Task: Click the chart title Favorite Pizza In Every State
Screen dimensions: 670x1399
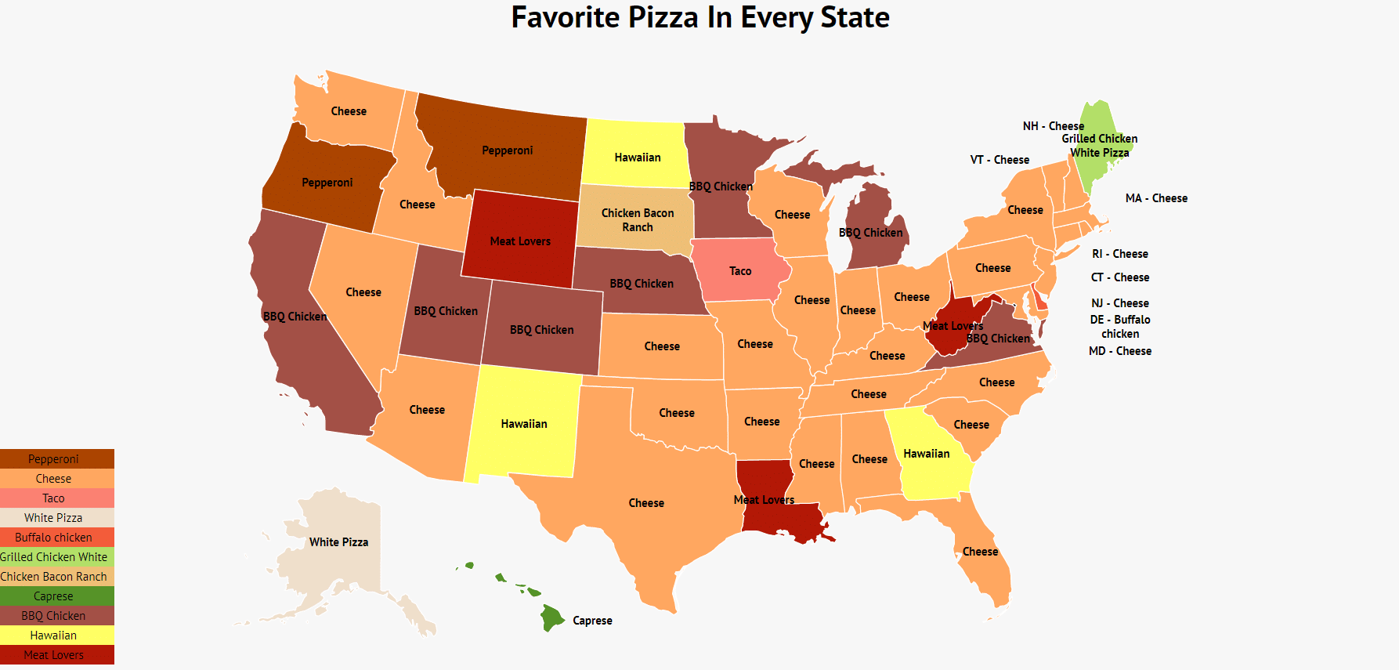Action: [699, 17]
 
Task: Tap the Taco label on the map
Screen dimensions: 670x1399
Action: [740, 271]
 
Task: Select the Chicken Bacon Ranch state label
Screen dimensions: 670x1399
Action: [637, 220]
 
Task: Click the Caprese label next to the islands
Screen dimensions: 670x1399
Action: [592, 621]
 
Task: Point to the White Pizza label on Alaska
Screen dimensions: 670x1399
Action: [338, 542]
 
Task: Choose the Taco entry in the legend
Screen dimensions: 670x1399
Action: [53, 498]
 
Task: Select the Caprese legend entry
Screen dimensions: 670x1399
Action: [53, 596]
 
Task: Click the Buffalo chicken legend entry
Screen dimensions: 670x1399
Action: [53, 538]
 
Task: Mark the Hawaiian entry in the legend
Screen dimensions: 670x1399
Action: [53, 636]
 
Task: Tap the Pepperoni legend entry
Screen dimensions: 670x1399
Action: [53, 459]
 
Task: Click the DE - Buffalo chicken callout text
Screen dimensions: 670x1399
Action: [1120, 327]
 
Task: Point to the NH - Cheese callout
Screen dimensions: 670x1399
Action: [1053, 126]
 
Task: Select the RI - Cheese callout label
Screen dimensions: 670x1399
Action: [1120, 254]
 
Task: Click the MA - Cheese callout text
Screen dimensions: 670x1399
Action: [1156, 198]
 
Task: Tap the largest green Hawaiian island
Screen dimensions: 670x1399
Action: [551, 617]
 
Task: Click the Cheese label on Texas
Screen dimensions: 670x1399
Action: [646, 503]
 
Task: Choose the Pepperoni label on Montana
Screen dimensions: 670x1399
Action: [507, 150]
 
